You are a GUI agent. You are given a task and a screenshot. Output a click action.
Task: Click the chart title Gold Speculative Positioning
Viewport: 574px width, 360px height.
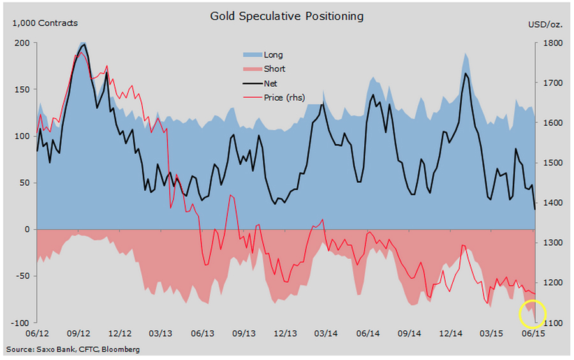point(287,16)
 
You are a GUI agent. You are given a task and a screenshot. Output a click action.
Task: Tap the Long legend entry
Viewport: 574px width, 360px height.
point(273,55)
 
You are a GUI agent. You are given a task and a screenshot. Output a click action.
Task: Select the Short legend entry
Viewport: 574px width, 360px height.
point(274,69)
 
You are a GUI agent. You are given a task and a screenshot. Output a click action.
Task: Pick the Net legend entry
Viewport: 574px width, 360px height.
point(270,83)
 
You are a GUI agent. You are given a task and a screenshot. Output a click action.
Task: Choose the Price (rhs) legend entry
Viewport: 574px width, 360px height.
point(284,97)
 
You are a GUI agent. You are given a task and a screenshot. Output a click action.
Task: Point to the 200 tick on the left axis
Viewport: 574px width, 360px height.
point(22,43)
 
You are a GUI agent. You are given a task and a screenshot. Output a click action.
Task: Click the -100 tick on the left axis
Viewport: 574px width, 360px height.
point(21,323)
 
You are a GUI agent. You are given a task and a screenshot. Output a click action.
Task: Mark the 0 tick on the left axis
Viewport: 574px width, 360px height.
point(27,229)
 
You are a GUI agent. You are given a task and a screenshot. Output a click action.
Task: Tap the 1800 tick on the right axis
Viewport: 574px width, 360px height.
point(552,43)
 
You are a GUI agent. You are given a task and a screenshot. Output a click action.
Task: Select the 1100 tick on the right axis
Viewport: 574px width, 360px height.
point(552,323)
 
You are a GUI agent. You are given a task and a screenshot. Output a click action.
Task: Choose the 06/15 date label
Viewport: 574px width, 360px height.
point(533,333)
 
